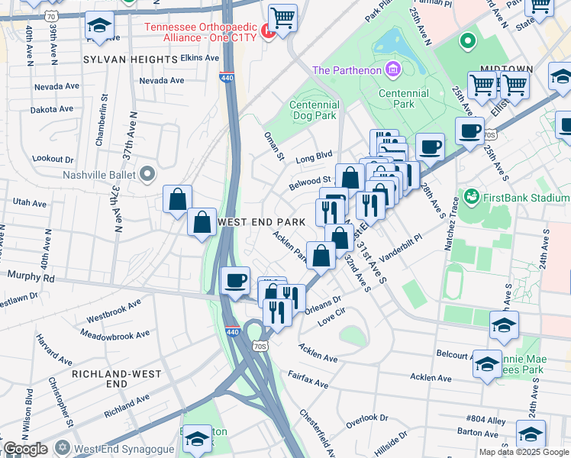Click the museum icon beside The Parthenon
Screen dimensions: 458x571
click(393, 71)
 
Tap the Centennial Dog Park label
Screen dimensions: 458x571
click(314, 111)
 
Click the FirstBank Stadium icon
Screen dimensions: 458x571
click(471, 198)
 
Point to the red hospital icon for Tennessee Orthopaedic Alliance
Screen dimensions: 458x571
click(266, 31)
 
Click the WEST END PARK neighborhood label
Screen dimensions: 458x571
click(261, 221)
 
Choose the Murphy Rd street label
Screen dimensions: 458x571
click(27, 276)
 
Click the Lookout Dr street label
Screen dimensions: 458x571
click(58, 159)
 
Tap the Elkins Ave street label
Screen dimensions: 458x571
click(179, 57)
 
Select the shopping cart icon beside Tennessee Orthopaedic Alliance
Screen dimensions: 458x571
click(282, 17)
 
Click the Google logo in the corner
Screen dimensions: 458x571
click(25, 449)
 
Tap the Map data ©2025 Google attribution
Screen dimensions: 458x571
click(524, 452)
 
